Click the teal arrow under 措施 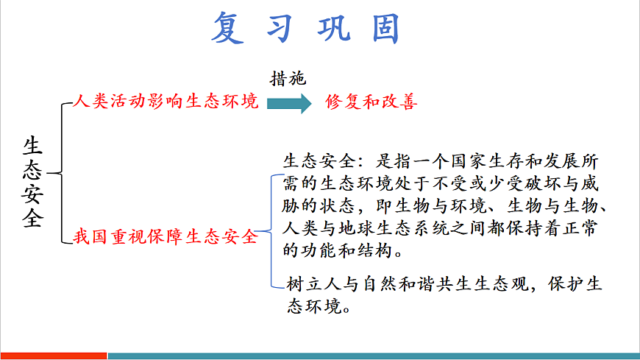[289, 102]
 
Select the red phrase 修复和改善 [371, 102]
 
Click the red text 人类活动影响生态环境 [166, 102]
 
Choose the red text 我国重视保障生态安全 [166, 237]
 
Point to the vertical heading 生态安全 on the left [33, 182]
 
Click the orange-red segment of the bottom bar [54, 356]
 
